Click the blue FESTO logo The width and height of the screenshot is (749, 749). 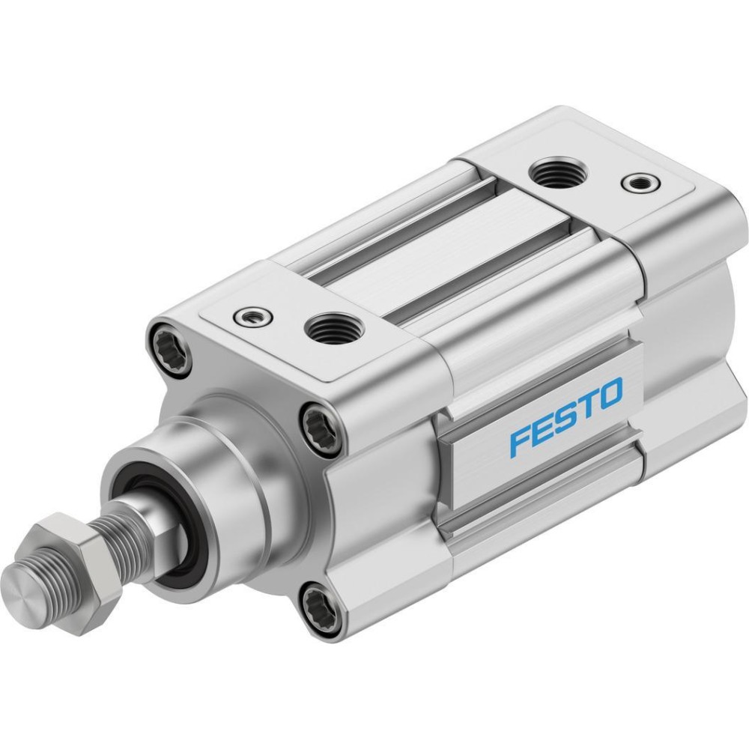click(x=566, y=416)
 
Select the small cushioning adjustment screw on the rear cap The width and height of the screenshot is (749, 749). click(x=640, y=182)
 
